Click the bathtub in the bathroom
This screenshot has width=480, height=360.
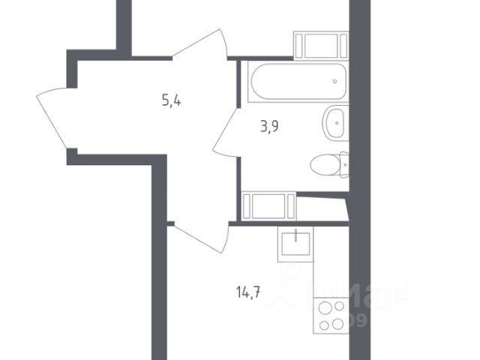click(x=296, y=83)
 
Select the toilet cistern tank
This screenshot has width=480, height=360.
click(x=343, y=164)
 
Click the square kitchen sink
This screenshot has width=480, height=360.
click(x=295, y=244)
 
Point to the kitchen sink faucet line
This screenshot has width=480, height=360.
click(x=295, y=235)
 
